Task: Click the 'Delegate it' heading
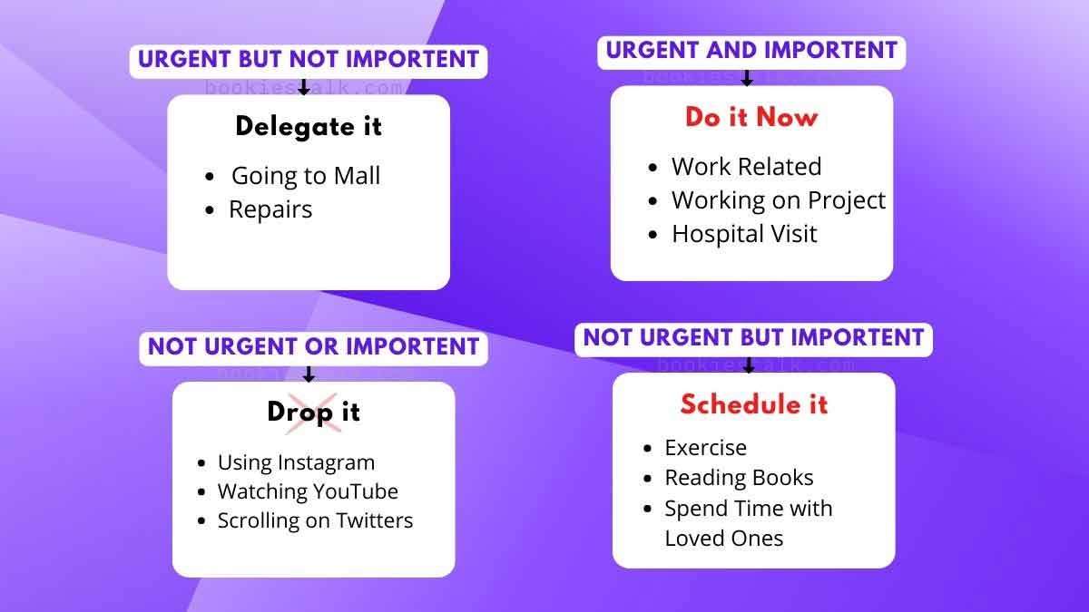pyautogui.click(x=309, y=126)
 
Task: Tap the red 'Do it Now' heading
pyautogui.click(x=751, y=117)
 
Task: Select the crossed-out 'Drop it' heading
pyautogui.click(x=313, y=412)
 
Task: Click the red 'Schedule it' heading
pyautogui.click(x=754, y=403)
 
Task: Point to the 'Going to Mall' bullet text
pyautogui.click(x=306, y=175)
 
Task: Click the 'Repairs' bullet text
pyautogui.click(x=270, y=209)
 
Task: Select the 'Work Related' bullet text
pyautogui.click(x=746, y=167)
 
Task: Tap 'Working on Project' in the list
pyautogui.click(x=778, y=200)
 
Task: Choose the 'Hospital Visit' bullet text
pyautogui.click(x=744, y=234)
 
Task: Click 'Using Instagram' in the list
pyautogui.click(x=296, y=462)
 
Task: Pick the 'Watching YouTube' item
pyautogui.click(x=308, y=491)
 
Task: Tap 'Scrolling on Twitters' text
pyautogui.click(x=315, y=520)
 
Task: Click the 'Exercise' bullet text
pyautogui.click(x=705, y=448)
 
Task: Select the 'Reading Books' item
pyautogui.click(x=739, y=478)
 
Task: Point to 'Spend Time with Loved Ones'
pyautogui.click(x=748, y=523)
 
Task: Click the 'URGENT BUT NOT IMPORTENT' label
pyautogui.click(x=309, y=60)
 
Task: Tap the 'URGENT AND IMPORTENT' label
pyautogui.click(x=751, y=51)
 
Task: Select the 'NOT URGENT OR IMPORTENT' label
pyautogui.click(x=313, y=346)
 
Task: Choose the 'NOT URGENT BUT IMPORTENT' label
pyautogui.click(x=753, y=337)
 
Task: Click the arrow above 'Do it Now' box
pyautogui.click(x=747, y=79)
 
